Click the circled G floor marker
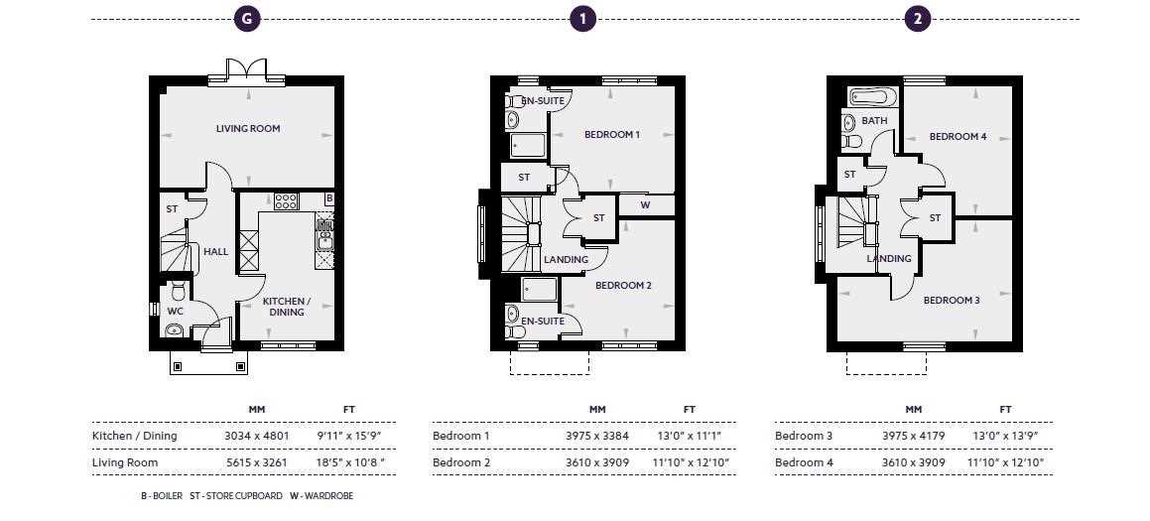(246, 19)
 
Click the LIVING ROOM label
(248, 128)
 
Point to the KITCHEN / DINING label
(287, 306)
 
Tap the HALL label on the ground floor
(215, 251)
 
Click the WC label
(175, 311)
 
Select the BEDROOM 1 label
(611, 134)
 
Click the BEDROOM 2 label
(622, 285)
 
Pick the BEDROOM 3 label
(952, 300)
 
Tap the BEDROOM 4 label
(958, 136)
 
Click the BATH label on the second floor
(874, 121)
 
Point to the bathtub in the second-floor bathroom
(873, 97)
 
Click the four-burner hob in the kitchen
(286, 200)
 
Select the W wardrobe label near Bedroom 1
(645, 206)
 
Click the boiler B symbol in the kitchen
(329, 199)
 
